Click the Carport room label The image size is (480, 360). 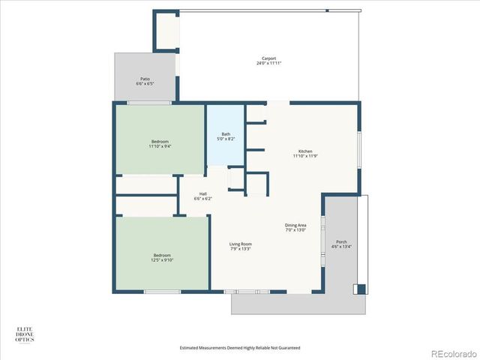[x=268, y=58]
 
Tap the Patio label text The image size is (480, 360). [x=145, y=78]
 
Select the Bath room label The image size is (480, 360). [x=226, y=134]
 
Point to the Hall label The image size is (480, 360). [x=202, y=193]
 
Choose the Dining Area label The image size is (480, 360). [x=295, y=225]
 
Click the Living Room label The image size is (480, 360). [x=240, y=244]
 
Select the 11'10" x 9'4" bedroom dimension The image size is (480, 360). [x=159, y=146]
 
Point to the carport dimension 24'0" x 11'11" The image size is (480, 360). [x=268, y=64]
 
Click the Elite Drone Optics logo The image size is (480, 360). [x=25, y=334]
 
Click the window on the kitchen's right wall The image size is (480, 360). [x=360, y=150]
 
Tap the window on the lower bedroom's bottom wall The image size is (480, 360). [x=162, y=292]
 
